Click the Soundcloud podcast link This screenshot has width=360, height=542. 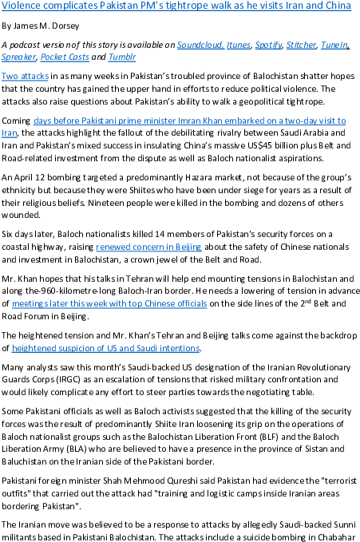[x=200, y=45]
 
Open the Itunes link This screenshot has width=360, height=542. [x=239, y=45]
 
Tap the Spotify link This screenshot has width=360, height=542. [x=269, y=45]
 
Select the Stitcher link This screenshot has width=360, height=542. [x=301, y=45]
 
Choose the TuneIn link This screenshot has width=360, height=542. [x=334, y=45]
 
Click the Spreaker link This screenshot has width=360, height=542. [x=18, y=57]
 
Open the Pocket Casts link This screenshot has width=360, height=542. [x=65, y=57]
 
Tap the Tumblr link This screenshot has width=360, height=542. [x=122, y=57]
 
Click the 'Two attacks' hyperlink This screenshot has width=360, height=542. [x=25, y=76]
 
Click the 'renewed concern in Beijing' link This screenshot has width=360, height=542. [x=148, y=247]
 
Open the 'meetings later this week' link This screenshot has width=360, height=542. [x=109, y=303]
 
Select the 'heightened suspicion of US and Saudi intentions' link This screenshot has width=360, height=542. [x=105, y=348]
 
